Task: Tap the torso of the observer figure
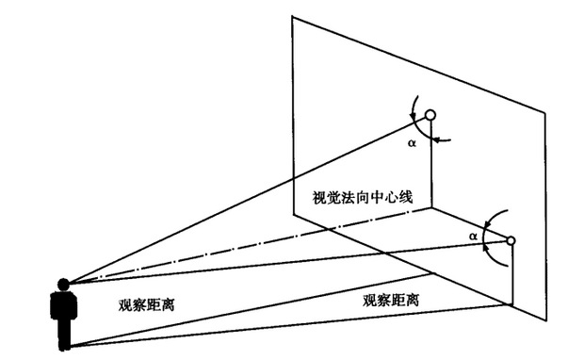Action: [65, 309]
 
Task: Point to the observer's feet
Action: [65, 347]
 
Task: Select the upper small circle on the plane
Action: [430, 115]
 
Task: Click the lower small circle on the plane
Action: [511, 241]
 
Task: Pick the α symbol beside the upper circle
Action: [412, 144]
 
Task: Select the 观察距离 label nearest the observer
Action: [150, 304]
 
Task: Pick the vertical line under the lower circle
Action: [511, 273]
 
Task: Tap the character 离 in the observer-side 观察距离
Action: [175, 304]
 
